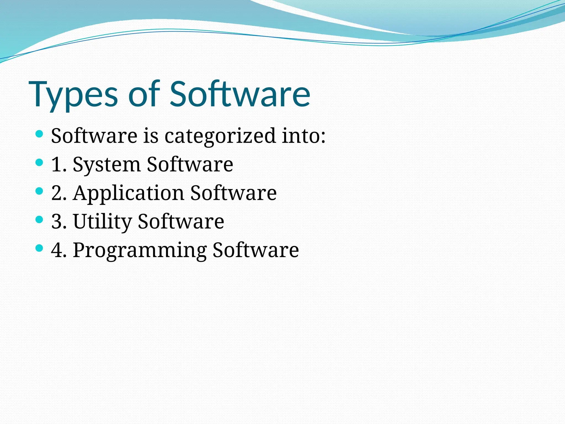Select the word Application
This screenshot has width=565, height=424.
point(128,193)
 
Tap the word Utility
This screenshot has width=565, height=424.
point(102,221)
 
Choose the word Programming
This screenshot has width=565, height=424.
point(140,250)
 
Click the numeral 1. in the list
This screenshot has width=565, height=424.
point(59,165)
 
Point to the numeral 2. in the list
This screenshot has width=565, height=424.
point(59,193)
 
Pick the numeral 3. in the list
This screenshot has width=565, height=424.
point(59,221)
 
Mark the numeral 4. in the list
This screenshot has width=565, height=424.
point(59,250)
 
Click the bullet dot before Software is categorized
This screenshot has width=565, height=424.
point(39,134)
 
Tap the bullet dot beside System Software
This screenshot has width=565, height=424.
point(39,163)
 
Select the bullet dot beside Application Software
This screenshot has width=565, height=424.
point(39,191)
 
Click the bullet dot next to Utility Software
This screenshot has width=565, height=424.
point(39,220)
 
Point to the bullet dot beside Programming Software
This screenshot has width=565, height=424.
point(39,248)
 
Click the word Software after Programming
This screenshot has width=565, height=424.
point(255,250)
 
